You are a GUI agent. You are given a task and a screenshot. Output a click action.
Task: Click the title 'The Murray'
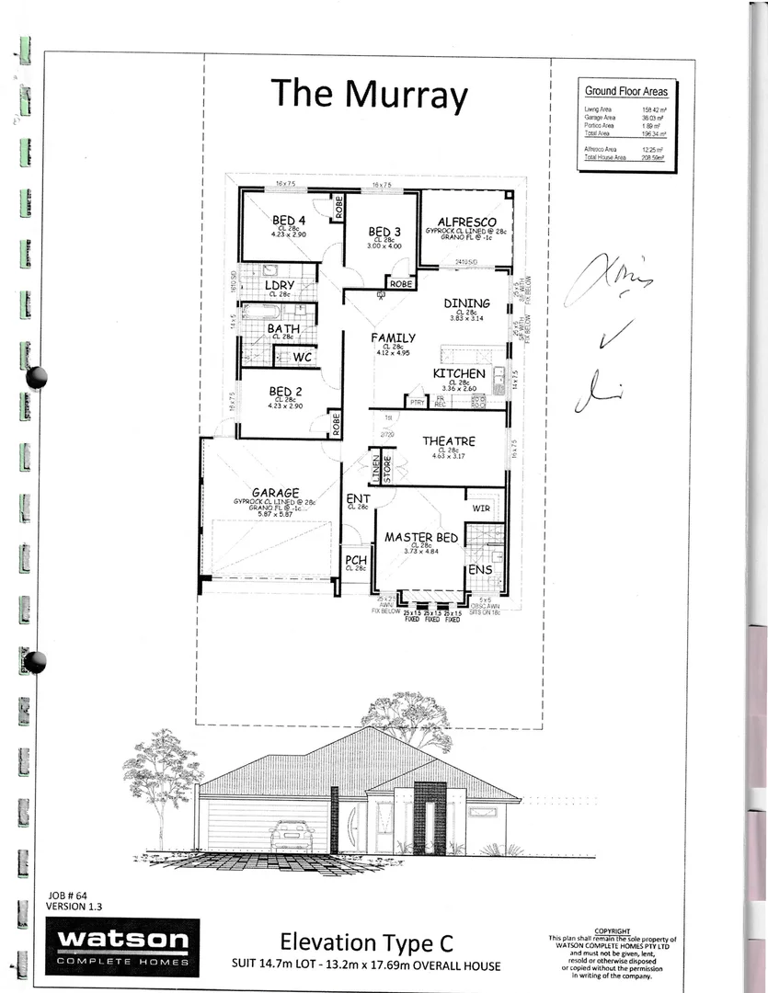click(x=369, y=95)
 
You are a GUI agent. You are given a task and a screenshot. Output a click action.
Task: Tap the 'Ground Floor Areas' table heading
click(x=626, y=91)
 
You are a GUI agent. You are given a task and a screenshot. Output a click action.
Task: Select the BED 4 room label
click(x=288, y=221)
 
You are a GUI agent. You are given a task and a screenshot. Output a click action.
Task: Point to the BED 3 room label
click(x=384, y=231)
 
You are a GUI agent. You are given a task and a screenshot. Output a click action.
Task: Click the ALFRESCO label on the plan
click(x=467, y=223)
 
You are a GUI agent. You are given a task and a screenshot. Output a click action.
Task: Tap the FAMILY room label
click(x=394, y=337)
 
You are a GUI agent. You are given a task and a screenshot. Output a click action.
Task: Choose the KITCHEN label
click(x=459, y=373)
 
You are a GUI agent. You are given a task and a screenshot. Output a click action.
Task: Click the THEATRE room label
click(x=448, y=441)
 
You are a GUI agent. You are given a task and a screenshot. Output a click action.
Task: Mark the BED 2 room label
click(x=283, y=390)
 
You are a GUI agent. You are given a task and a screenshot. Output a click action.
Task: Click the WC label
click(x=304, y=357)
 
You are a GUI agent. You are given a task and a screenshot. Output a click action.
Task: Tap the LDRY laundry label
click(x=279, y=285)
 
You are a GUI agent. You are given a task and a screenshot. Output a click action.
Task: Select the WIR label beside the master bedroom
click(x=481, y=508)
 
